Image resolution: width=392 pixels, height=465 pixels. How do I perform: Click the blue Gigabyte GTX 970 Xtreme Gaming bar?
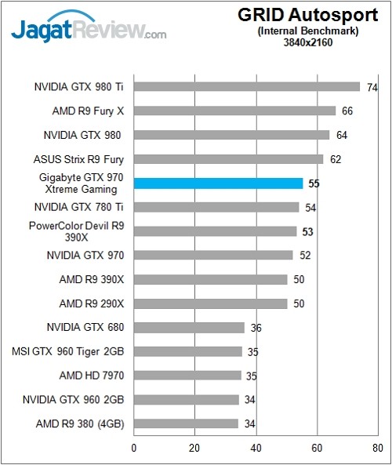pyautogui.click(x=219, y=183)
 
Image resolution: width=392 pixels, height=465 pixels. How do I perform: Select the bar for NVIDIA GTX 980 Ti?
pyautogui.click(x=247, y=87)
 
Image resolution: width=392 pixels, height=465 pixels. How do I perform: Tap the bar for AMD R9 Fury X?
pyautogui.click(x=235, y=111)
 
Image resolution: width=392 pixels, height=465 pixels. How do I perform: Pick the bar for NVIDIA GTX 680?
pyautogui.click(x=189, y=327)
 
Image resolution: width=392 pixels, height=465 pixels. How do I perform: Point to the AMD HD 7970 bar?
pyautogui.click(x=187, y=376)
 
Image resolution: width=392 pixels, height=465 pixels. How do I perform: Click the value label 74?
pyautogui.click(x=372, y=87)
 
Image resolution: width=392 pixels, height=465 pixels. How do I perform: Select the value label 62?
pyautogui.click(x=336, y=159)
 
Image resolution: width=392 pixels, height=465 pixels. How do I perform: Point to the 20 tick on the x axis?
pyautogui.click(x=194, y=449)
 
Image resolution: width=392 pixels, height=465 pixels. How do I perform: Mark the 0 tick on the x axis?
pyautogui.click(x=134, y=449)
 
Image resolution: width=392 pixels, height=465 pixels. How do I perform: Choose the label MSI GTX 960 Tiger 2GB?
pyautogui.click(x=67, y=351)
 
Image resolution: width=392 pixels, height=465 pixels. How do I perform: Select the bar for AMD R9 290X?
pyautogui.click(x=211, y=303)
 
